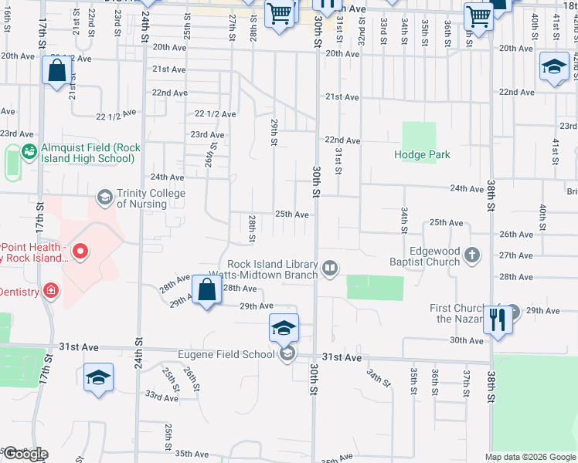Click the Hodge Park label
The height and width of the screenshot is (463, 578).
422,154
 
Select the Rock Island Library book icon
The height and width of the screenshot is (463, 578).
330,268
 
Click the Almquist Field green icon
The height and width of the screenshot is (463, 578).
29,150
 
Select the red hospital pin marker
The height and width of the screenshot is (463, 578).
80,252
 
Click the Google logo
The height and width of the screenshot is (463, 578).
25,454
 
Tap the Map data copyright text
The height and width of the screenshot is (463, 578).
531,457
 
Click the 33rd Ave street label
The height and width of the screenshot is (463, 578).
162,397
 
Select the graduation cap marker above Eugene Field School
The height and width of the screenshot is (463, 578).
284,329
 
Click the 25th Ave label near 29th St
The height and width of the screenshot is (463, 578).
292,215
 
